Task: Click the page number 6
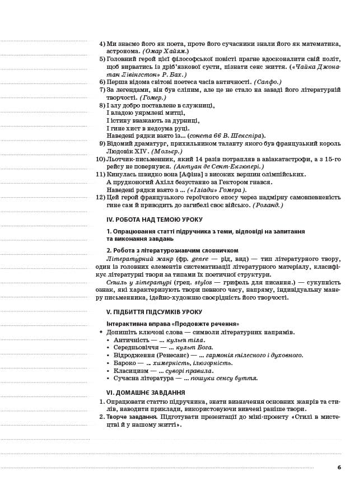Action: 339,467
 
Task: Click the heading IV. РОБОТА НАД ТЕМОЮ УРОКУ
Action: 154,220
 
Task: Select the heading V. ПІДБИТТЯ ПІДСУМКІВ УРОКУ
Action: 154,312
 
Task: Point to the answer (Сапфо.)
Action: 268,82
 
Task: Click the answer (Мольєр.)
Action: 166,151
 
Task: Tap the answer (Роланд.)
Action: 268,205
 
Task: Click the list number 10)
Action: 100,159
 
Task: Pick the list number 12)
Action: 100,197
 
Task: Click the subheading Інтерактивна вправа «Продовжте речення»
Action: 172,324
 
